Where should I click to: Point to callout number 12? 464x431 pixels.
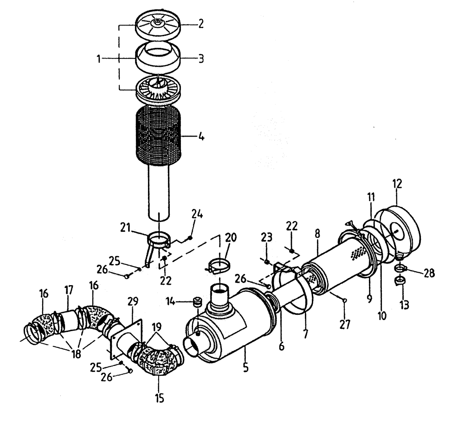click(397, 184)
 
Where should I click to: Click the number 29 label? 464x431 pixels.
click(133, 302)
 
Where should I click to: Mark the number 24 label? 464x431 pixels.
click(196, 215)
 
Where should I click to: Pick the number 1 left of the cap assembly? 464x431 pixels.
click(99, 59)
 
